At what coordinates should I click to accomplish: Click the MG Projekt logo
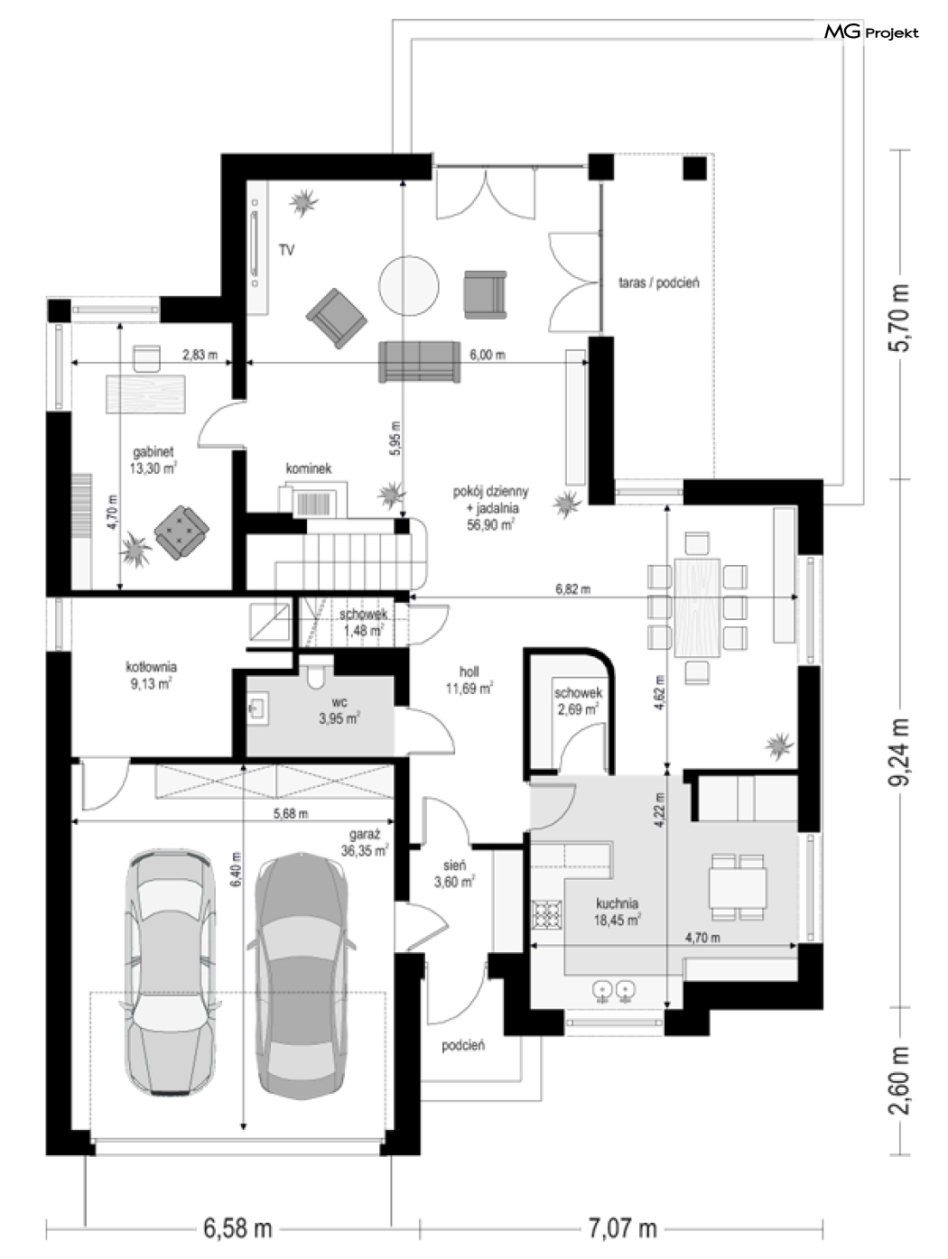[871, 32]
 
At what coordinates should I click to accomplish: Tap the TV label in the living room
[286, 250]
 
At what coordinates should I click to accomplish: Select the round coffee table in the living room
[409, 285]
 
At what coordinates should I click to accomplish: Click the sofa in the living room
[420, 361]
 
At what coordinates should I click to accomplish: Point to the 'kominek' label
[309, 468]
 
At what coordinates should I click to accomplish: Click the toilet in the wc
[316, 674]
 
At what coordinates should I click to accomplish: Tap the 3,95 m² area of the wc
[339, 718]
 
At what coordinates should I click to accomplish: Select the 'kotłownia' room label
[152, 667]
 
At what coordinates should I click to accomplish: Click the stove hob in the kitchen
[546, 916]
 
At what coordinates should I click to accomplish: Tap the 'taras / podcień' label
[659, 282]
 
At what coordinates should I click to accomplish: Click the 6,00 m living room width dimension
[488, 355]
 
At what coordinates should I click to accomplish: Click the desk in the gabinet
[145, 393]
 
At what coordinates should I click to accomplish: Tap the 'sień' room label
[454, 865]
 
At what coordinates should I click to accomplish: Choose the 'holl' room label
[469, 671]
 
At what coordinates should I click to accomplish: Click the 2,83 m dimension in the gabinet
[200, 355]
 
